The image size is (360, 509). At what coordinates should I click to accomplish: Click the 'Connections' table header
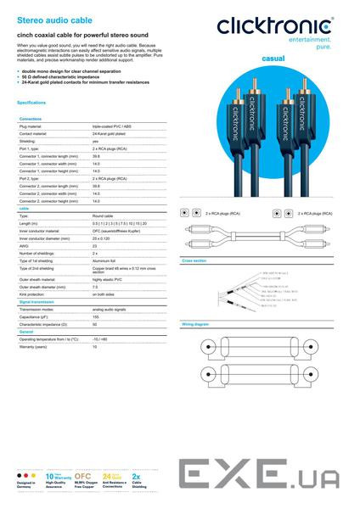[32, 119]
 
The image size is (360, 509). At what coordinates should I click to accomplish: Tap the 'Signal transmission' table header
[39, 302]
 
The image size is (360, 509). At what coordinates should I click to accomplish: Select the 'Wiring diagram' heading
[196, 325]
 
